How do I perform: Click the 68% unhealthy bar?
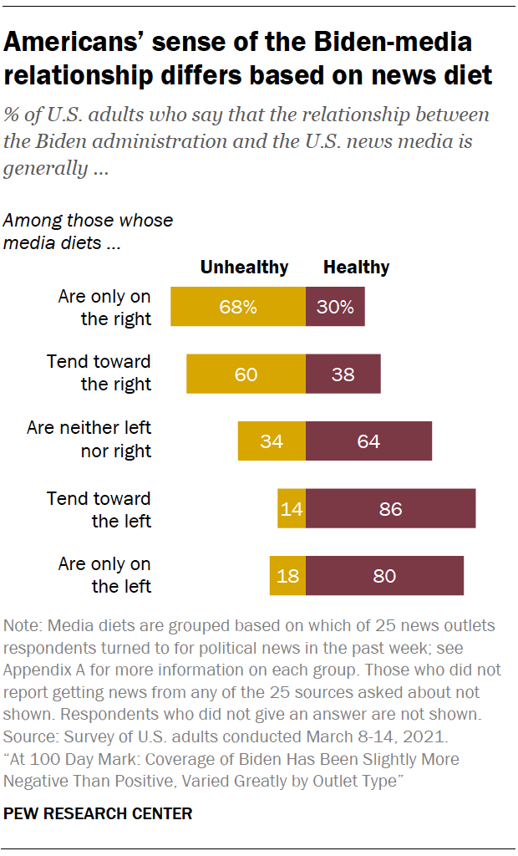(238, 306)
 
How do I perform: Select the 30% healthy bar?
(335, 306)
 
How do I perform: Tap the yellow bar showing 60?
(246, 374)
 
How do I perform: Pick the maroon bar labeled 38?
(343, 374)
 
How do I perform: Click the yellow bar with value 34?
(272, 441)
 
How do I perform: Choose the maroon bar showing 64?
(368, 441)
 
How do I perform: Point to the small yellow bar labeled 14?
(292, 508)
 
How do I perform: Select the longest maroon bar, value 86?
(390, 508)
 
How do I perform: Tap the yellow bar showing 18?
(287, 576)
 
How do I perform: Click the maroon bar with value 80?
(384, 576)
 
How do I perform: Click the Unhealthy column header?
(244, 267)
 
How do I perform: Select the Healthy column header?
(356, 267)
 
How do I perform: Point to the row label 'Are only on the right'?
(104, 307)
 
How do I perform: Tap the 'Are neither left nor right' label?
(89, 440)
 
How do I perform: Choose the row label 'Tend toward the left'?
(99, 509)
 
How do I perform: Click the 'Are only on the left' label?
(104, 575)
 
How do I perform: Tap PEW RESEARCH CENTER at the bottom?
(99, 813)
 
